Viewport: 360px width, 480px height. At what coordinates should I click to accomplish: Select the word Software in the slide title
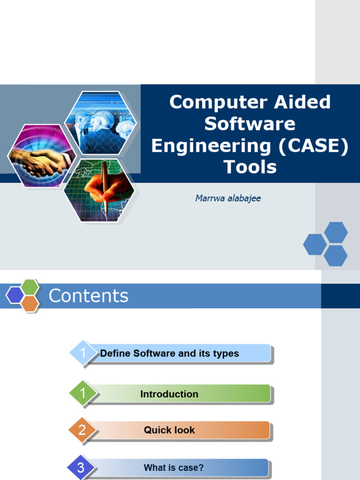point(250,124)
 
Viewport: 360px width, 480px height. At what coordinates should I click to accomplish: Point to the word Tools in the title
point(250,167)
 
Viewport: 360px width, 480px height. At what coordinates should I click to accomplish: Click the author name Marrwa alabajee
point(228,198)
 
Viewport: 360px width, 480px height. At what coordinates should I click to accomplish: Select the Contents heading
point(88,296)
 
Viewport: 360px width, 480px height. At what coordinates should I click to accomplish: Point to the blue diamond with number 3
point(81,467)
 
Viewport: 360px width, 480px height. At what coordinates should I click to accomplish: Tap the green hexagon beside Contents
point(30,287)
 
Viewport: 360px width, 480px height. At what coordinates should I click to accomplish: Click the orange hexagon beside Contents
point(30,304)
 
